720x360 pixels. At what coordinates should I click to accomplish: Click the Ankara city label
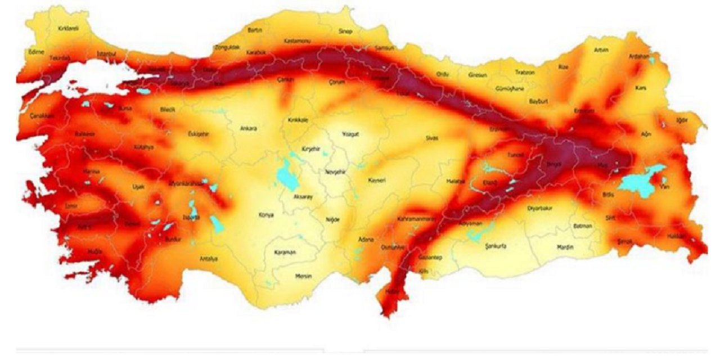pos(248,129)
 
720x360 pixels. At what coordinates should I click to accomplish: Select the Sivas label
pos(431,138)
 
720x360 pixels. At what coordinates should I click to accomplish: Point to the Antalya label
pos(209,259)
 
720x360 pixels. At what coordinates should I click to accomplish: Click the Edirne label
pos(36,51)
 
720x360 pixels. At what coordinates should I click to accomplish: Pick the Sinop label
pos(345,31)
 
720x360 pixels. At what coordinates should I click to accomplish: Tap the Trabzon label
pos(525,73)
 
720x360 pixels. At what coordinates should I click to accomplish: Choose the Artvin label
pos(601,50)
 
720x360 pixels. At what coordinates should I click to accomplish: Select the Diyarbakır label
pos(540,208)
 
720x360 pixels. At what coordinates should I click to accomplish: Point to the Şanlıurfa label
pos(481,246)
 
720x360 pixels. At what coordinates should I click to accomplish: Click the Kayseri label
pos(376,181)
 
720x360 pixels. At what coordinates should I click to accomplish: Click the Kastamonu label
pos(294,41)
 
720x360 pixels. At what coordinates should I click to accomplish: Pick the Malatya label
pos(455,181)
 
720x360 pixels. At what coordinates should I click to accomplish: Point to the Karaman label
pos(285,253)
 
